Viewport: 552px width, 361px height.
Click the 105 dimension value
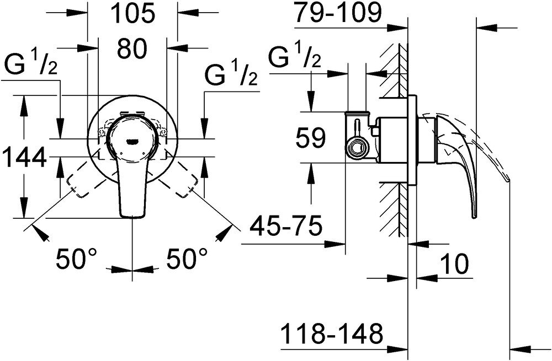click(132, 14)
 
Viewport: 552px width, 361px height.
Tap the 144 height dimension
click(23, 160)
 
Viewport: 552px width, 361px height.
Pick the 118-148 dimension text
click(331, 333)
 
